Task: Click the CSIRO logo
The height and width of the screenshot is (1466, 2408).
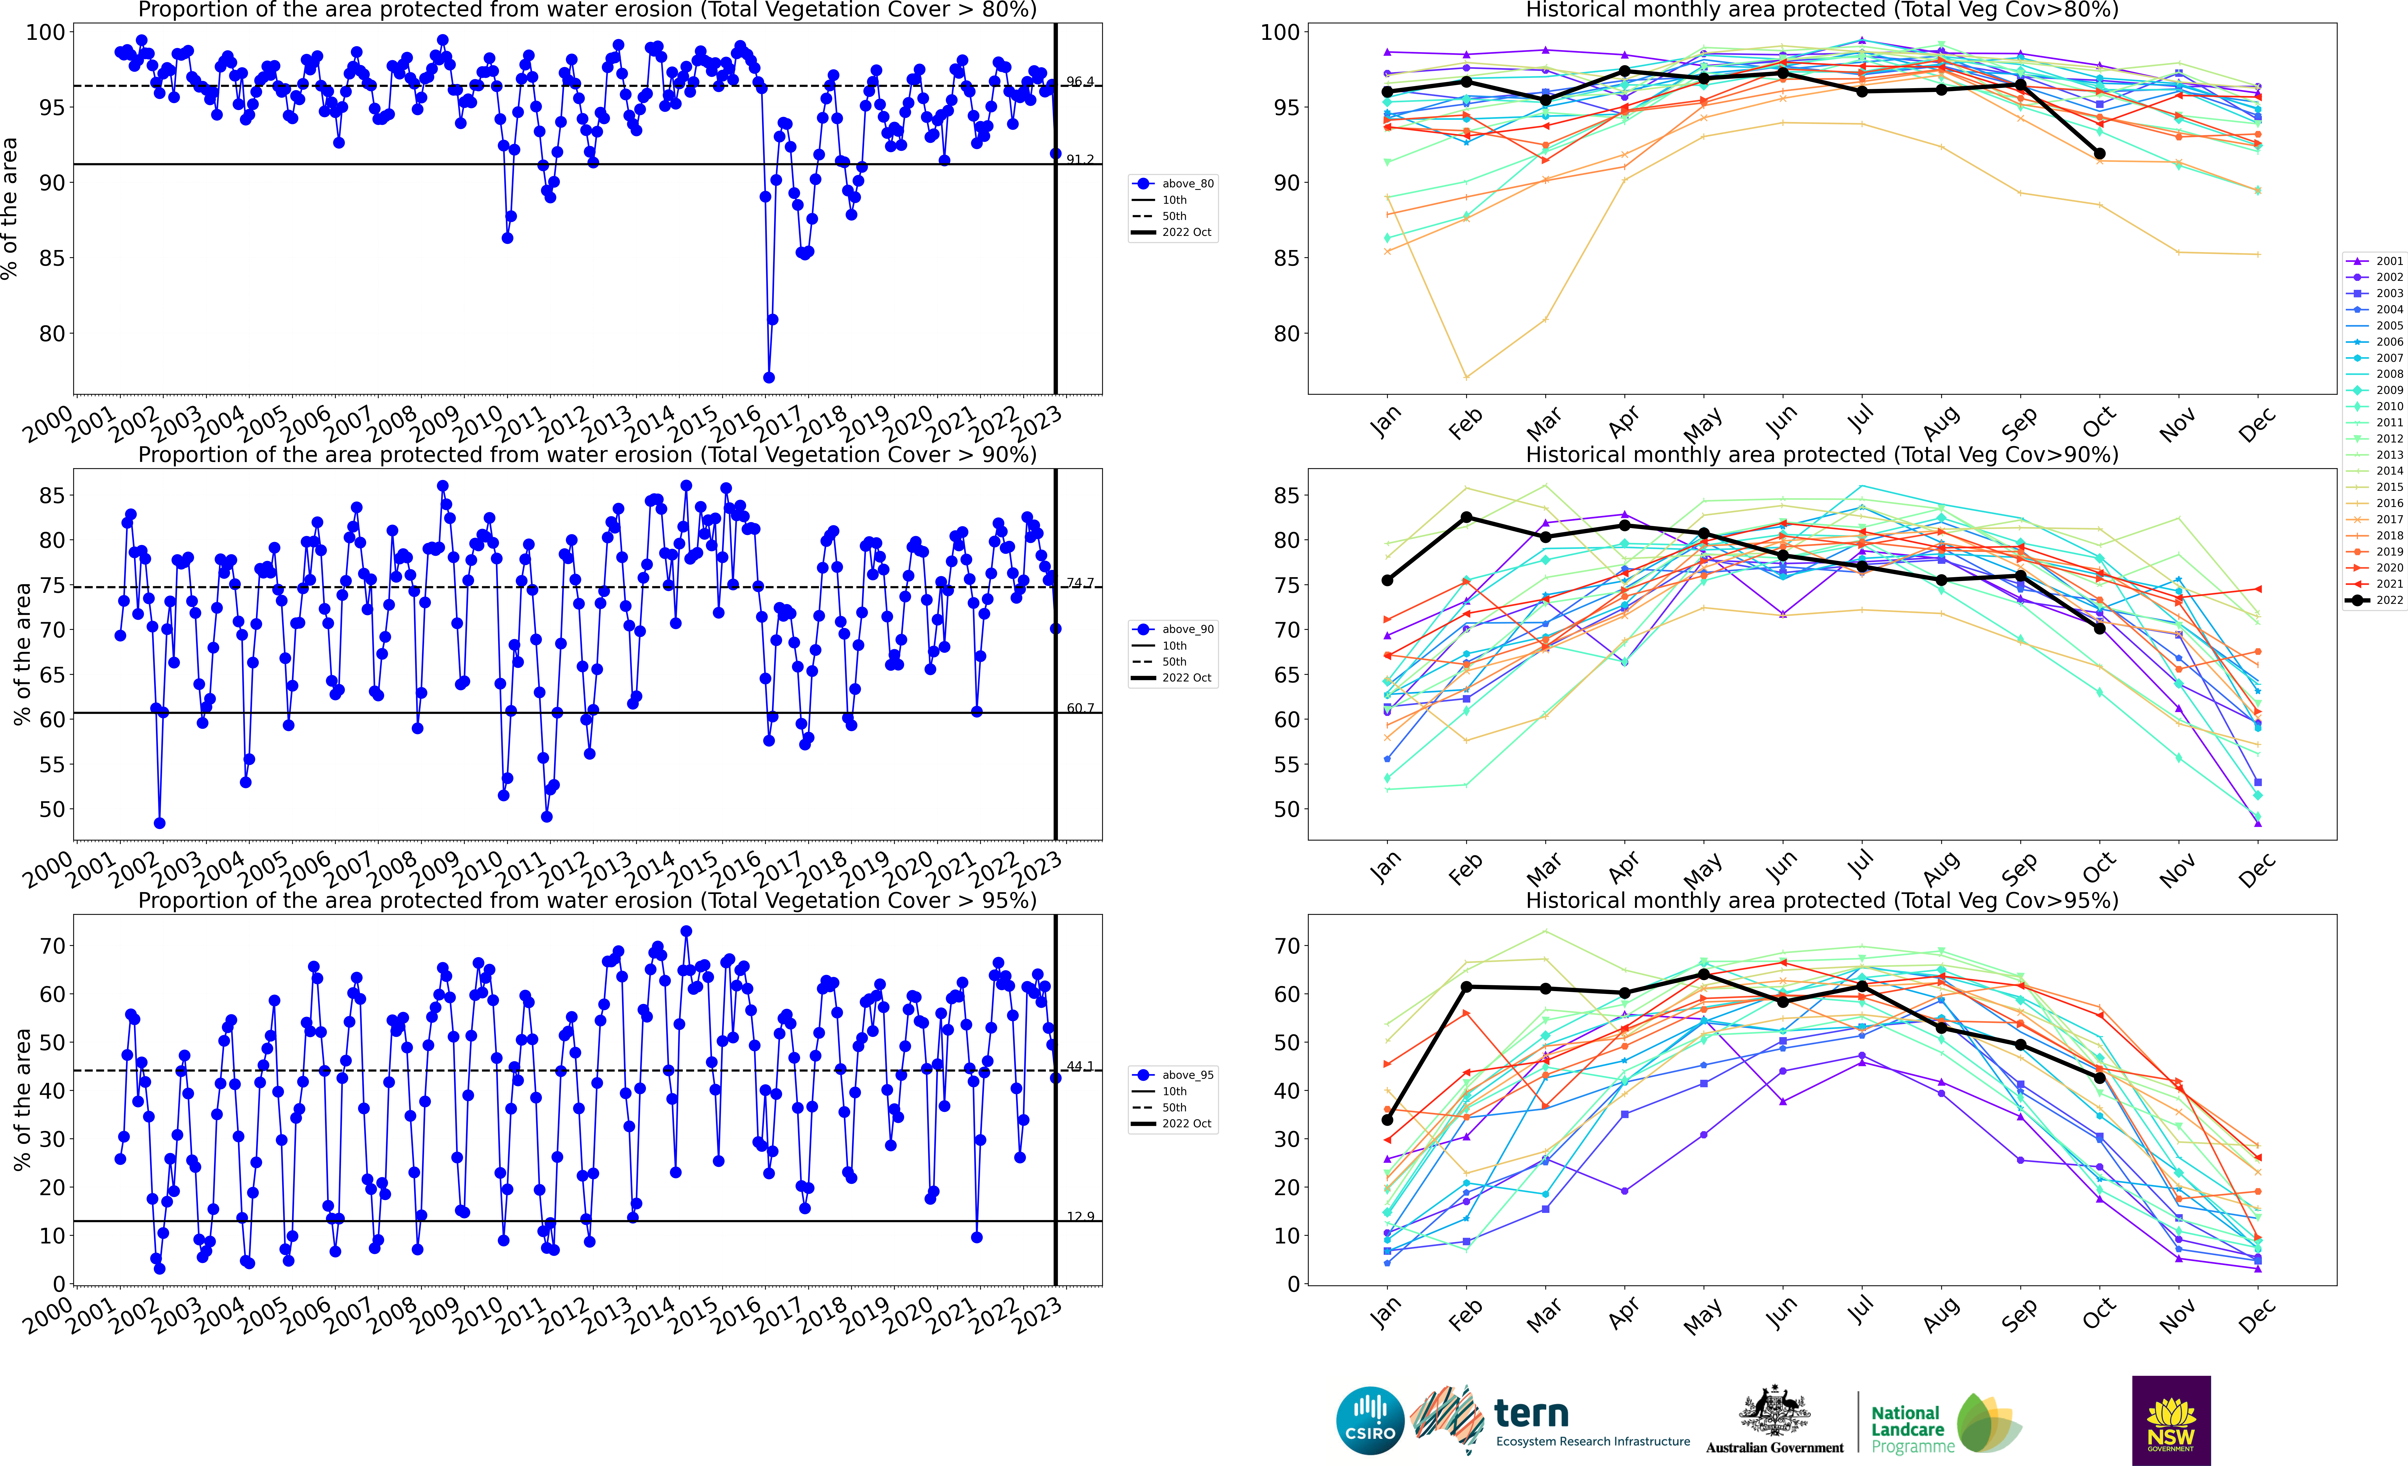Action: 1370,1420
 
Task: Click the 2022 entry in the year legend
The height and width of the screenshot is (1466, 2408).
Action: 2375,600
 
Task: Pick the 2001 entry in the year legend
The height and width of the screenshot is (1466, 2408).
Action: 2375,261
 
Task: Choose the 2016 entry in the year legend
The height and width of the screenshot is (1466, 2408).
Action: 2375,503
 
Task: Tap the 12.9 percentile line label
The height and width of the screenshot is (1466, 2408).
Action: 1080,1217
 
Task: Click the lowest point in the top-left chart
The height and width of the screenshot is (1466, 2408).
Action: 769,377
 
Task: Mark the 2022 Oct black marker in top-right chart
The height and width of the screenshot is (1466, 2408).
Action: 2099,153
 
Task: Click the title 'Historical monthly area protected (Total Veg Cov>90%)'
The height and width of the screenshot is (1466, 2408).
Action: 1822,455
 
